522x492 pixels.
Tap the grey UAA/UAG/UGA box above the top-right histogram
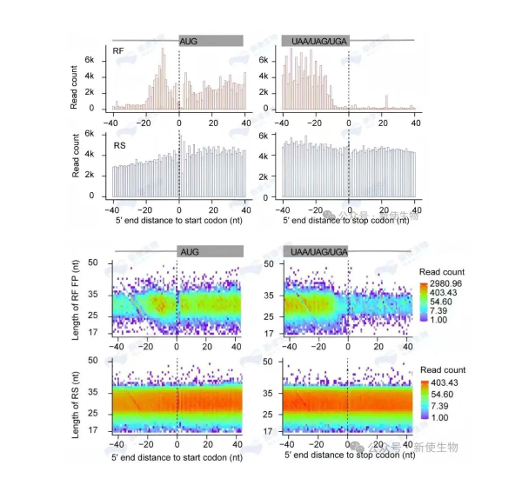tap(314, 40)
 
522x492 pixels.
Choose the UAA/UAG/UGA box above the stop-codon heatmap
tap(314, 250)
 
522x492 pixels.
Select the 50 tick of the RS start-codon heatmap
tap(97, 360)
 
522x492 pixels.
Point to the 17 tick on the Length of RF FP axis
tap(97, 334)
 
